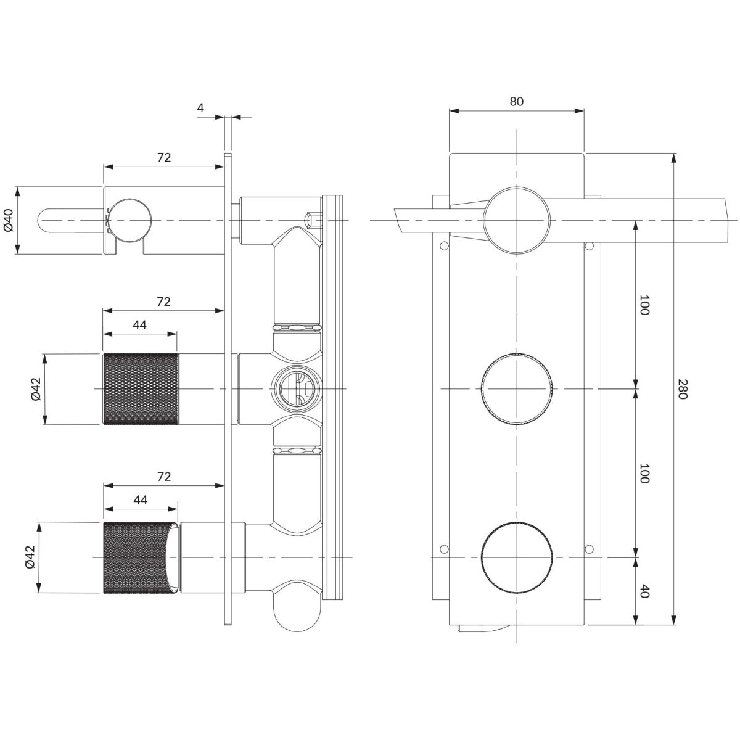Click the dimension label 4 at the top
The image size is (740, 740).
pos(200,108)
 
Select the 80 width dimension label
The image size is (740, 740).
pos(517,101)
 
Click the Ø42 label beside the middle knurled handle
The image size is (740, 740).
pos(36,389)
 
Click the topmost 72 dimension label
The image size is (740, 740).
pos(163,157)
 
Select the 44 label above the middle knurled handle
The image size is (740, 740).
pos(140,325)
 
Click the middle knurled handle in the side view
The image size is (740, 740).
pos(141,389)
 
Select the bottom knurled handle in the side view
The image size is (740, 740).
pos(141,557)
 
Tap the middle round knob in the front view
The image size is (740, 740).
pos(517,389)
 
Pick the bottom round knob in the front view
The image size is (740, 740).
pos(517,557)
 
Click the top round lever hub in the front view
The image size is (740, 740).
pos(517,220)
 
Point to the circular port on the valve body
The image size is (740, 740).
pos(295,389)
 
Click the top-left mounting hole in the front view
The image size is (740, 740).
pos(443,245)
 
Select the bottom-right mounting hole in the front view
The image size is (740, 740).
pos(589,549)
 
